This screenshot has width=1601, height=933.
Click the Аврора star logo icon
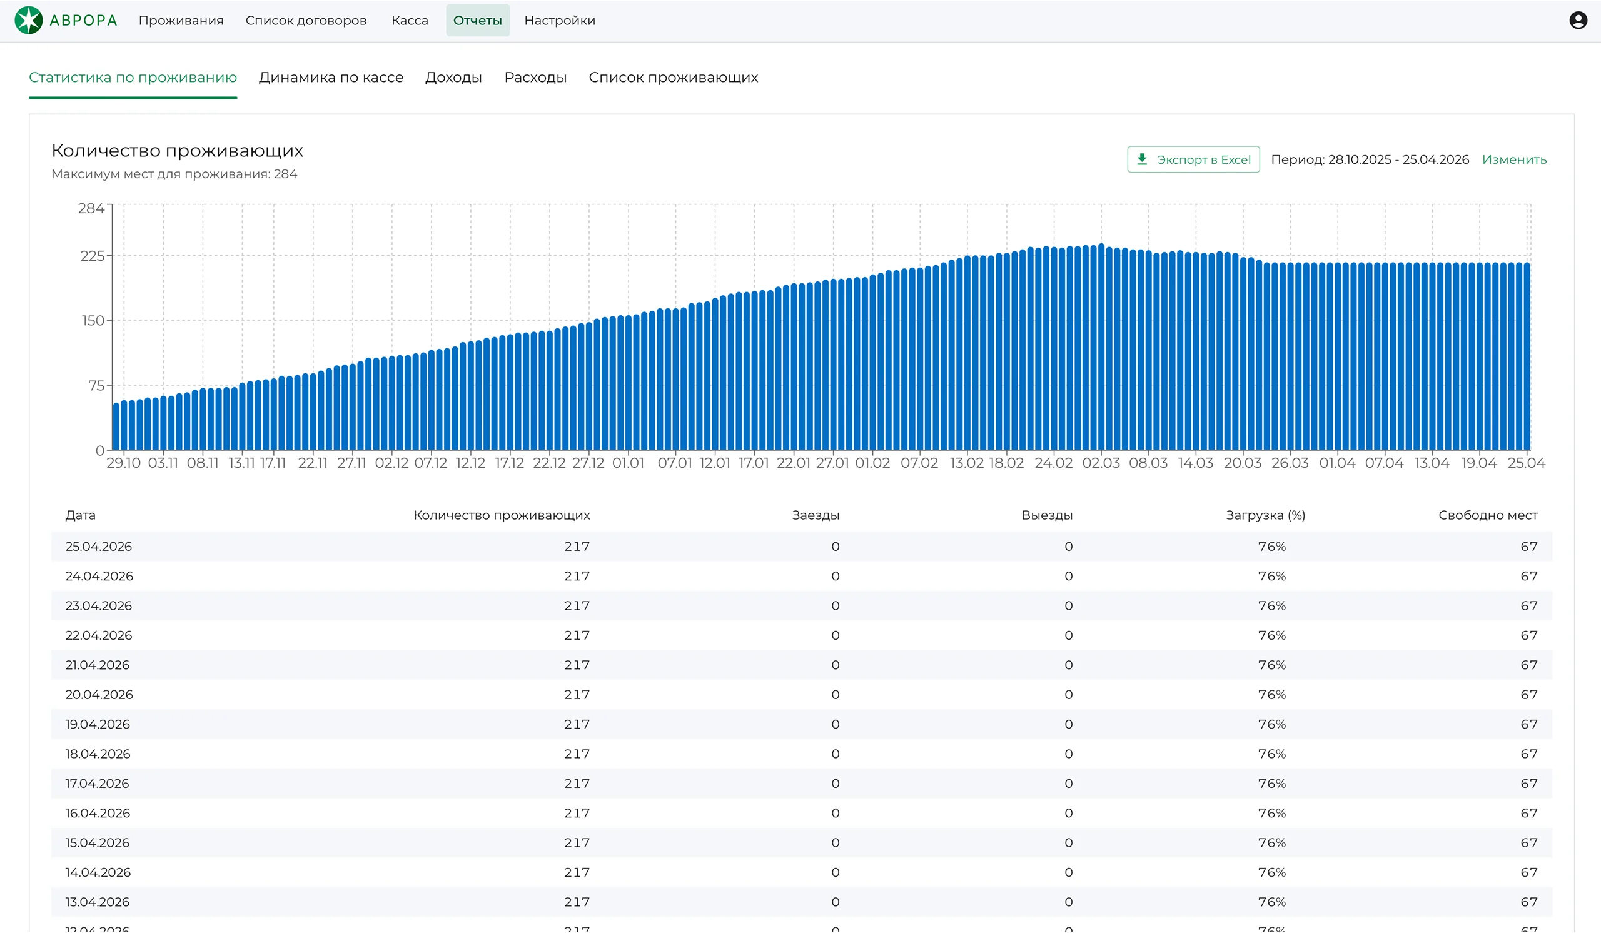[29, 21]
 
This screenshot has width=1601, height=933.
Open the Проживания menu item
[181, 21]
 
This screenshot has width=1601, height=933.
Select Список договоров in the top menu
[306, 21]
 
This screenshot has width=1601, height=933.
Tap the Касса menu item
[410, 21]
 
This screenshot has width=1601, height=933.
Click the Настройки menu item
[560, 21]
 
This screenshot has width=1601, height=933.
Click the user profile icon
[1578, 21]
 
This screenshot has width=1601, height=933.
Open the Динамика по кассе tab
[331, 78]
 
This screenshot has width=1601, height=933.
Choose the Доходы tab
[453, 78]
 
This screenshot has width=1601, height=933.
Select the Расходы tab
[535, 78]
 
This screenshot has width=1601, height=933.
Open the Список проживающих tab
[674, 78]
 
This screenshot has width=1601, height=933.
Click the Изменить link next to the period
[1515, 159]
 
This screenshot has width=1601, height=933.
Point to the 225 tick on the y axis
[92, 256]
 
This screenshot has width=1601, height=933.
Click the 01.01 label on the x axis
[629, 463]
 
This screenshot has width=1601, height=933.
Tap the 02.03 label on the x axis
[1101, 463]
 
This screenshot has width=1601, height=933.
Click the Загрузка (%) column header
[1266, 515]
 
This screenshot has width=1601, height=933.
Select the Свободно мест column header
[1488, 515]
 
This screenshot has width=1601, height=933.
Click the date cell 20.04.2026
[99, 695]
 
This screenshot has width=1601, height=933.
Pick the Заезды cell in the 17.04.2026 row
[836, 784]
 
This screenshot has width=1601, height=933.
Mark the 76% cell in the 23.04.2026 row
[1272, 606]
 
